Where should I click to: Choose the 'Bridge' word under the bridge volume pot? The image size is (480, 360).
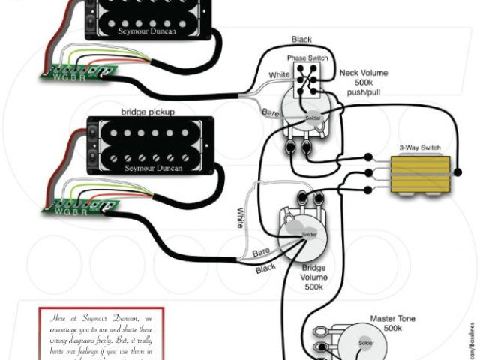pyautogui.click(x=313, y=267)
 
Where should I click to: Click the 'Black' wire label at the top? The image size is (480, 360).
pyautogui.click(x=303, y=40)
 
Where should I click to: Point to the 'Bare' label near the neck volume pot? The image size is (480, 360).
pyautogui.click(x=270, y=112)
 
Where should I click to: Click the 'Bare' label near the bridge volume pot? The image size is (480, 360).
pyautogui.click(x=262, y=253)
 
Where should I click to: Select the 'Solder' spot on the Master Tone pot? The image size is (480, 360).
pyautogui.click(x=365, y=343)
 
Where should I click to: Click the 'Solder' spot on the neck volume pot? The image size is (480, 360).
pyautogui.click(x=313, y=118)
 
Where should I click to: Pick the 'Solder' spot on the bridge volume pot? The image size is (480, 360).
pyautogui.click(x=308, y=233)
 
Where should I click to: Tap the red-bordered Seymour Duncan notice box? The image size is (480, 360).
pyautogui.click(x=100, y=334)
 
